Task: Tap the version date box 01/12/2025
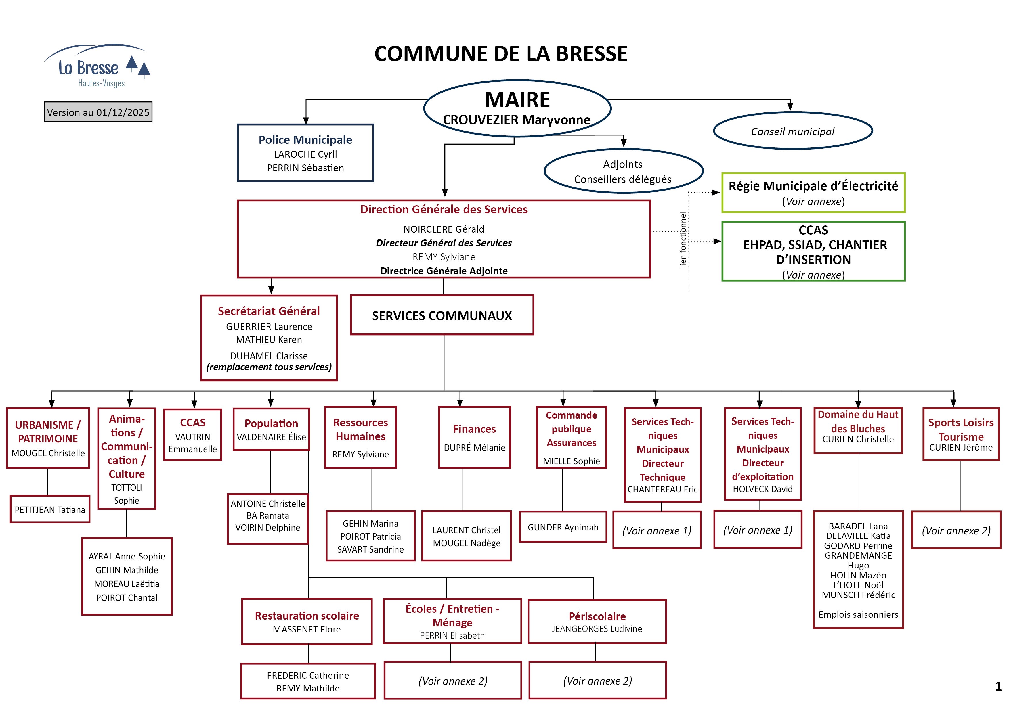98,112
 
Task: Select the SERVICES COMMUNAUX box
442,315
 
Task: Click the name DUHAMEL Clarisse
269,356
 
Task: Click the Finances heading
474,429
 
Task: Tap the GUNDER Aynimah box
563,527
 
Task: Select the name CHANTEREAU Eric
662,489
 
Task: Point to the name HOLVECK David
763,489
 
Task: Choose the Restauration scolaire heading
307,616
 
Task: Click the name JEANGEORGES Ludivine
597,629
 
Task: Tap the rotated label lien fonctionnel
683,240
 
